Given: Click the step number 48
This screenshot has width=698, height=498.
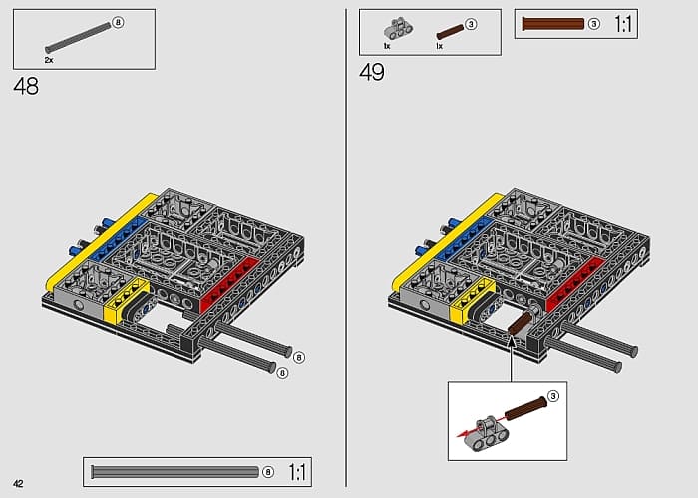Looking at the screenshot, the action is click(x=26, y=86).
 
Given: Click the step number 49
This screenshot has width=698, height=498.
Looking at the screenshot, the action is click(x=372, y=72).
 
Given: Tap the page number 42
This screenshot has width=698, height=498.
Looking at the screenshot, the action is click(x=18, y=484).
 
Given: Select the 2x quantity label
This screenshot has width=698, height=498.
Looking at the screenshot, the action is click(x=49, y=60).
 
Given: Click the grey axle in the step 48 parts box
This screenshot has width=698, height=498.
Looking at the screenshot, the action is click(x=78, y=38).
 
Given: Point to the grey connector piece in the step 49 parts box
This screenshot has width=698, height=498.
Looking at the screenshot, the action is click(x=398, y=29).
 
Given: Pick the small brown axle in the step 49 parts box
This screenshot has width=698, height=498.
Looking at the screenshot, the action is click(x=450, y=32).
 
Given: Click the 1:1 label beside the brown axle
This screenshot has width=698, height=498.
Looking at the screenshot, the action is click(x=623, y=24).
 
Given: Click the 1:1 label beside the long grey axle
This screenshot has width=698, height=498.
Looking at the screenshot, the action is click(x=297, y=472).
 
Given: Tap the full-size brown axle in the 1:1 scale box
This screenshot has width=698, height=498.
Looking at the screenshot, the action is click(x=552, y=24).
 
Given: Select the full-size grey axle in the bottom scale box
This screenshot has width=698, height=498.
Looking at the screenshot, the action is click(x=174, y=472).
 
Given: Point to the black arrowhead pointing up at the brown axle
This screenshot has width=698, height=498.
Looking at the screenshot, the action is click(x=512, y=342).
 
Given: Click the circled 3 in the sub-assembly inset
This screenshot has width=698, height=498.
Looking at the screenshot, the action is click(x=552, y=396).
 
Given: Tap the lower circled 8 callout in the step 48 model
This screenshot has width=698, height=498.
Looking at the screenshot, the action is click(x=282, y=373).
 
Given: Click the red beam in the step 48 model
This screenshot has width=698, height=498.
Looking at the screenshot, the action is click(x=229, y=285).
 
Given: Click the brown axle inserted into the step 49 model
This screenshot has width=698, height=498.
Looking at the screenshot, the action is click(x=520, y=324).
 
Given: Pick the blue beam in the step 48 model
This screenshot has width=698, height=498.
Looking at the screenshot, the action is click(x=119, y=238).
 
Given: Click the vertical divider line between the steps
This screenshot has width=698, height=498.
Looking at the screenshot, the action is click(x=346, y=248).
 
